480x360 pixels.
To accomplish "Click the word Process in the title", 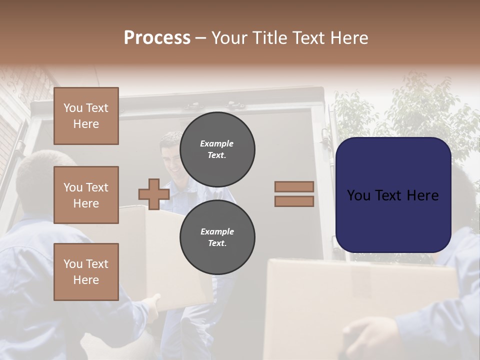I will coord(157,38).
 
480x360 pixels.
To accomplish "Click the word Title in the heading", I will coord(268,38).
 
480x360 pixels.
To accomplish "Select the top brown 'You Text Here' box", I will coord(86,116).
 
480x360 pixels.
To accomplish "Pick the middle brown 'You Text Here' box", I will coord(86,195).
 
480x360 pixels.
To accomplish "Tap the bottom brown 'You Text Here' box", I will coord(86,272).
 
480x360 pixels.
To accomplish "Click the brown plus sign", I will coord(154,194).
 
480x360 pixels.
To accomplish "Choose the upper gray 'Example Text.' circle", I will coord(217,149).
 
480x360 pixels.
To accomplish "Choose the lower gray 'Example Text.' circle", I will coord(217,237).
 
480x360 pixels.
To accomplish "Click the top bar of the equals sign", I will coord(294,186).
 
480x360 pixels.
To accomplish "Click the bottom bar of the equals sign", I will coord(294,201).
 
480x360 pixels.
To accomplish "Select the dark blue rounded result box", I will coord(393,220).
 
